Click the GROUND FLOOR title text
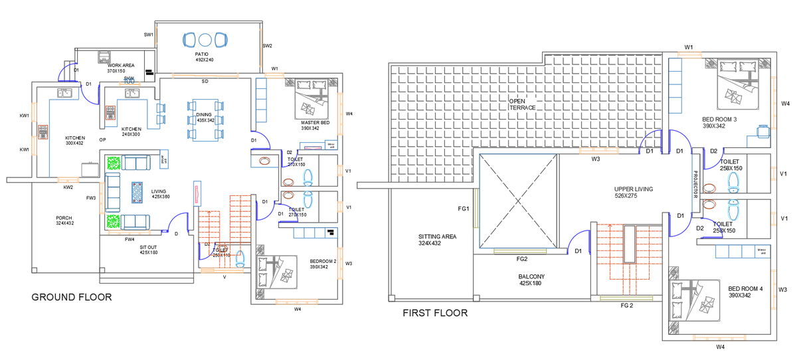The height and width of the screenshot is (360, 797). pos(71,297)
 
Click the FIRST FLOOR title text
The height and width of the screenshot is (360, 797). pos(435,313)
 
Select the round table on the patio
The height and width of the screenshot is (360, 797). pos(205,39)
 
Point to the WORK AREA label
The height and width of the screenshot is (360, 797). pos(121,65)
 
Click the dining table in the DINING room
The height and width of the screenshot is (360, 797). pos(205,120)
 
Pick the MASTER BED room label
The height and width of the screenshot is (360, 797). pos(315,123)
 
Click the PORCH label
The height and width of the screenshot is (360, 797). pos(64,218)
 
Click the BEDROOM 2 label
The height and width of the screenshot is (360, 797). pos(323,262)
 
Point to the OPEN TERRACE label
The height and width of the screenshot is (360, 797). pos(522,104)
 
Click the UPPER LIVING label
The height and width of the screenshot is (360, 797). pos(633,189)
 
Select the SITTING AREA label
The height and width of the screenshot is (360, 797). pos(438,236)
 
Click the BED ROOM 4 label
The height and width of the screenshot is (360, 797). pos(745,289)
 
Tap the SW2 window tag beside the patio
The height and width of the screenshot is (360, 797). pos(267,46)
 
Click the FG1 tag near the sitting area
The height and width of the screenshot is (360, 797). pos(464,209)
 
